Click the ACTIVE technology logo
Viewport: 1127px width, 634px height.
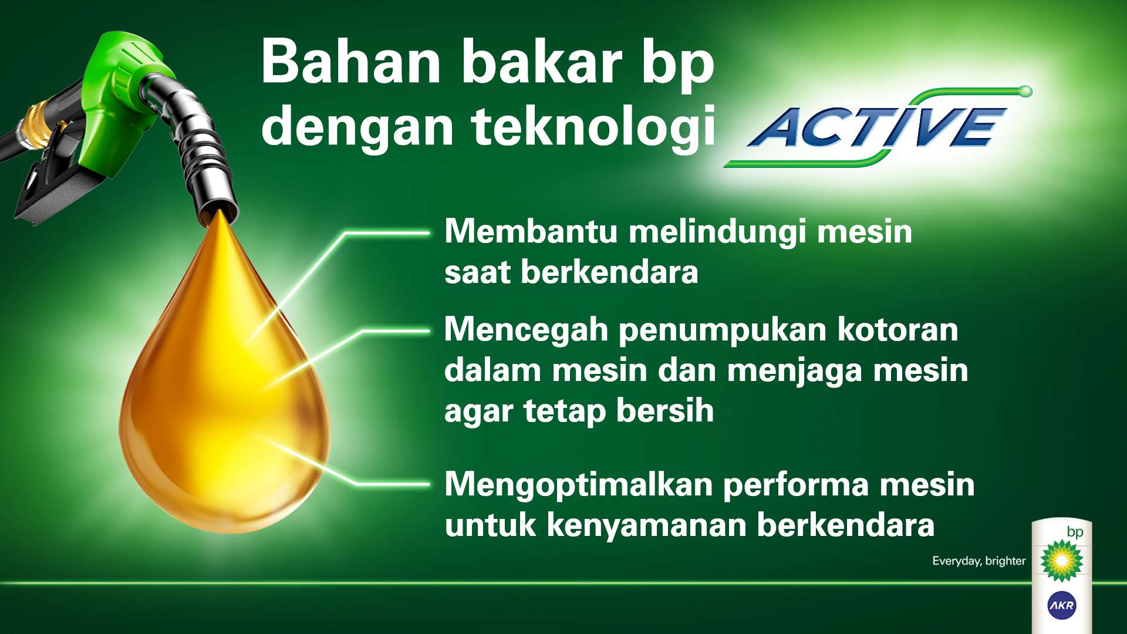(878, 127)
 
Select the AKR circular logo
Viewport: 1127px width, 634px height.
(1062, 605)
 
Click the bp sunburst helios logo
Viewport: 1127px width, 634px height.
(1062, 560)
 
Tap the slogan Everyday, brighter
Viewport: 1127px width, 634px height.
(978, 561)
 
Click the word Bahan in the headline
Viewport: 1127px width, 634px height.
(350, 62)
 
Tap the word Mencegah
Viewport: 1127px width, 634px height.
(526, 331)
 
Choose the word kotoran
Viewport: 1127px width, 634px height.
(897, 329)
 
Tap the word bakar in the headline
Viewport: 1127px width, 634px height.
(542, 62)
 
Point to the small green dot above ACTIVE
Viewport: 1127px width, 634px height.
(1025, 91)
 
